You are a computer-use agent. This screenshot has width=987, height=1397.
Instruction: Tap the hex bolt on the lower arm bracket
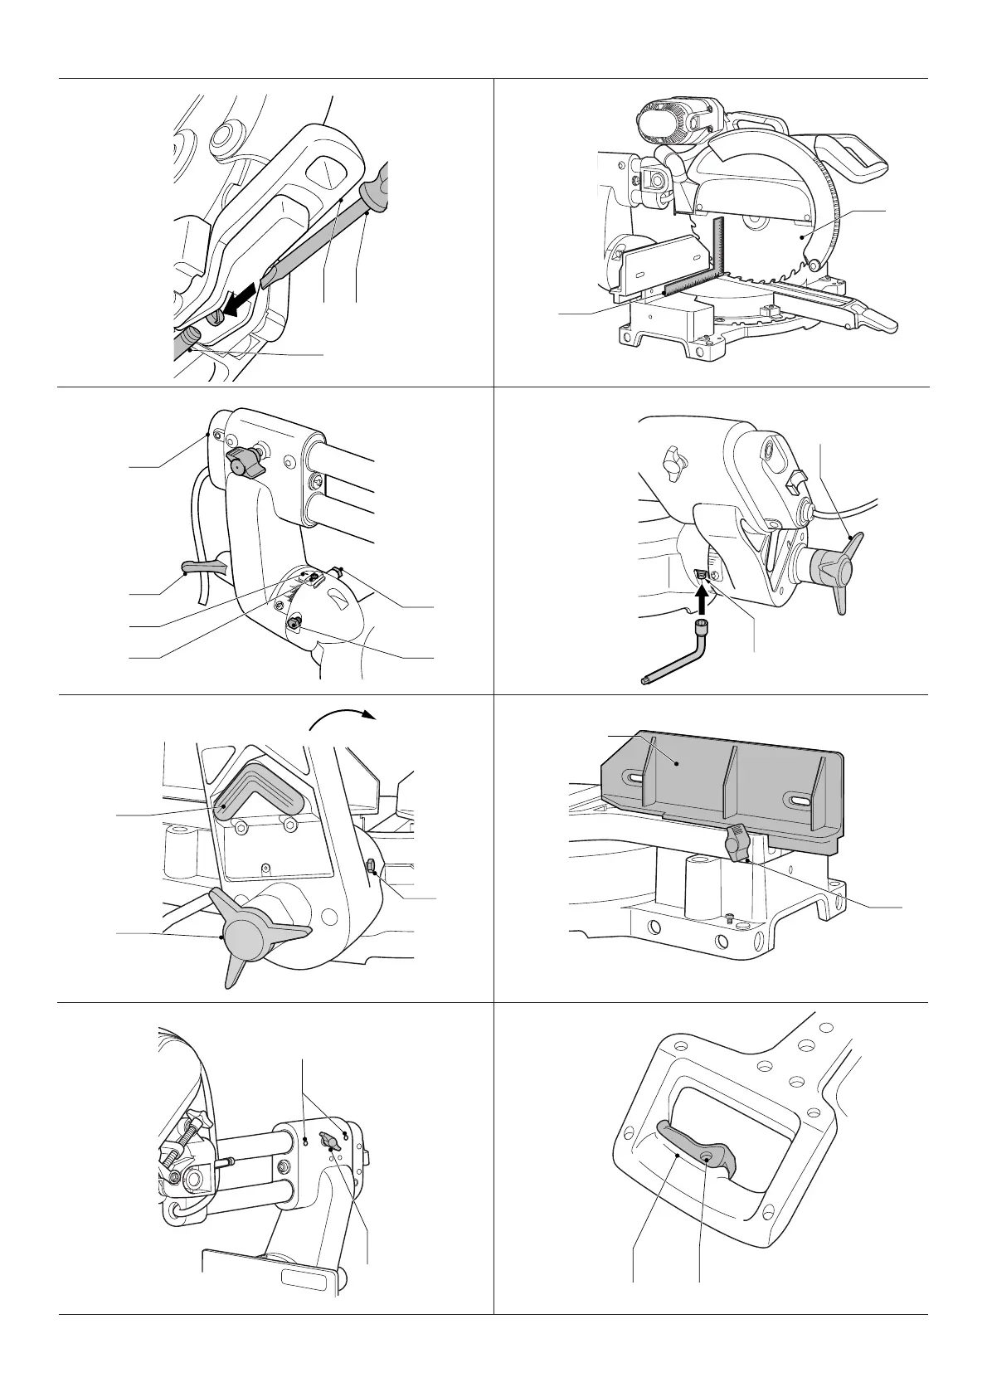[294, 622]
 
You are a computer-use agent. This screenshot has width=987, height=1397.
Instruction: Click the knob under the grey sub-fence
[736, 845]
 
